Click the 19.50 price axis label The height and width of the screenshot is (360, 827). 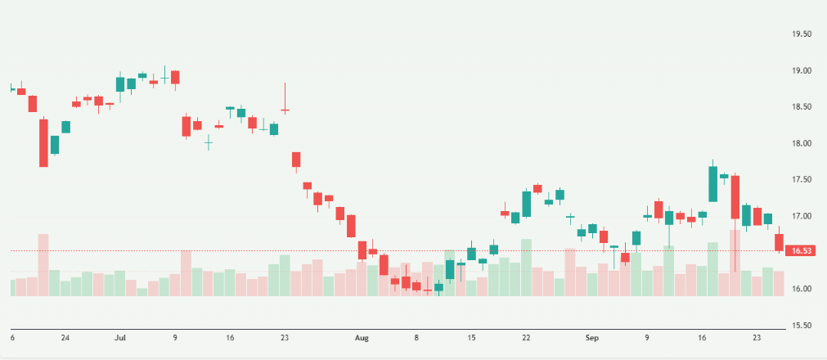pos(801,34)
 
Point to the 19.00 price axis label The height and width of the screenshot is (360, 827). pos(801,71)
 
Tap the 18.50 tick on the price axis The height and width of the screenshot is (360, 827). pos(801,107)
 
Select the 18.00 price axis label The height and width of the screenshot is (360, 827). pos(801,143)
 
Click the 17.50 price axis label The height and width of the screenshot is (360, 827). pos(801,179)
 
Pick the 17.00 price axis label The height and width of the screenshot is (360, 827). pos(801,216)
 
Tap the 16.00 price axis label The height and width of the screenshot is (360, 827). pos(801,289)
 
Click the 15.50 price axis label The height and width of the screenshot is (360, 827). pos(801,325)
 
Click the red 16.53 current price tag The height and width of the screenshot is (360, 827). pos(801,250)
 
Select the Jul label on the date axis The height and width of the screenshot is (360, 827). pos(120,337)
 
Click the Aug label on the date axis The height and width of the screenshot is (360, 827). pos(361,337)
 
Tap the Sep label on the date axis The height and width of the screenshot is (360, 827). pos(592,337)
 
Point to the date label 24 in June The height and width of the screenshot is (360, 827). pos(65,337)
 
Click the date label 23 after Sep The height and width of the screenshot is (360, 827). pos(757,337)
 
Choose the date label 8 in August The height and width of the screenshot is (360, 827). pos(416,337)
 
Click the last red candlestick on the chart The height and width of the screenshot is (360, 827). pos(779,242)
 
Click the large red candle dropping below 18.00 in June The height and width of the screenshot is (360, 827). pos(43,143)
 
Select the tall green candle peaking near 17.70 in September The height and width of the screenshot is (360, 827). pos(713,184)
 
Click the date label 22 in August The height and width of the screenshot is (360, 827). pos(527,337)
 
